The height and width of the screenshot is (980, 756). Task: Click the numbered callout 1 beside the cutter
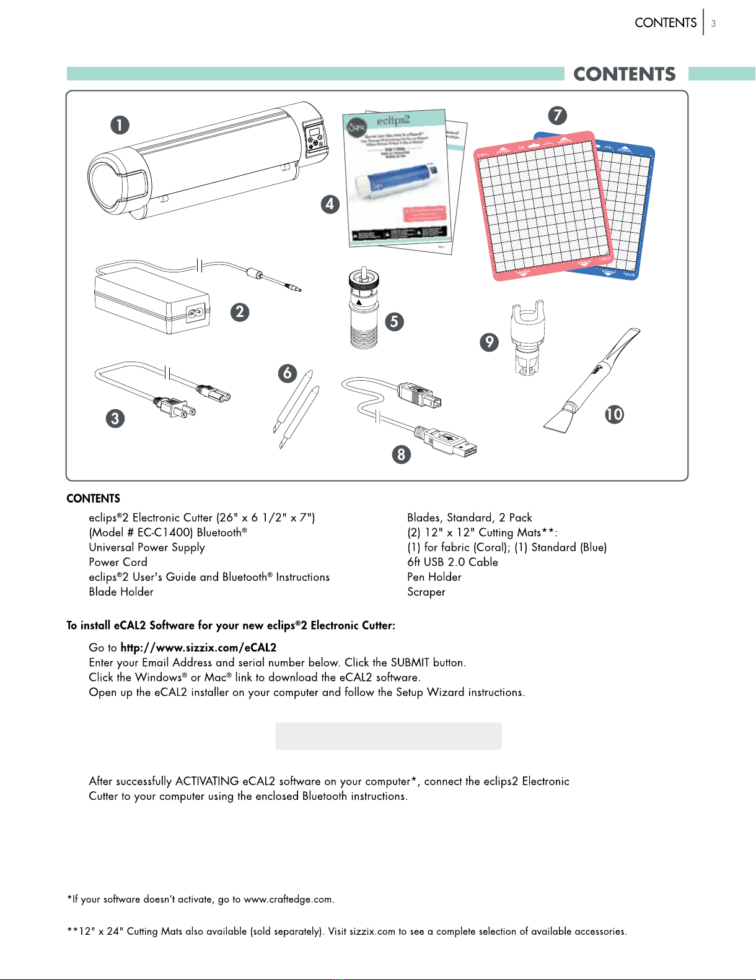[120, 126]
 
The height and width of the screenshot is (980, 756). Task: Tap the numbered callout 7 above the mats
[557, 116]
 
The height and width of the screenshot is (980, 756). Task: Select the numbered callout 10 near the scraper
[614, 414]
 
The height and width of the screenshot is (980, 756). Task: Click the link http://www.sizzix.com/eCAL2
[198, 648]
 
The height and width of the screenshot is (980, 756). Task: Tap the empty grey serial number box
[389, 736]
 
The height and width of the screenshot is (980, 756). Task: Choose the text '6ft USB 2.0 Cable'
[452, 562]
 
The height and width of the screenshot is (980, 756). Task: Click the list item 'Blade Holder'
[121, 592]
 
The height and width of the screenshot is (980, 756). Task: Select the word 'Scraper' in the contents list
[426, 592]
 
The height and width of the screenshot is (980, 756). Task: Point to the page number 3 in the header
[713, 24]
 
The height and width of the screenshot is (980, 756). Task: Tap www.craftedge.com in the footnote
[288, 900]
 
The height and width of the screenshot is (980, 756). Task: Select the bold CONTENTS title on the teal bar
[625, 74]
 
